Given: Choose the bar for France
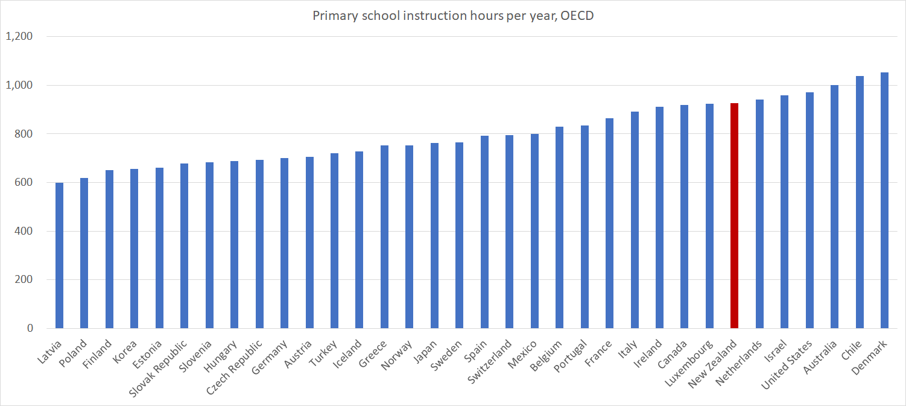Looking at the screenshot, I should click(x=609, y=223).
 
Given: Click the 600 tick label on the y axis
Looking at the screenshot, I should click(x=22, y=183).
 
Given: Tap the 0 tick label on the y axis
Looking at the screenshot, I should click(x=29, y=329).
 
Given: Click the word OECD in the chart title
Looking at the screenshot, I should click(x=577, y=16).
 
